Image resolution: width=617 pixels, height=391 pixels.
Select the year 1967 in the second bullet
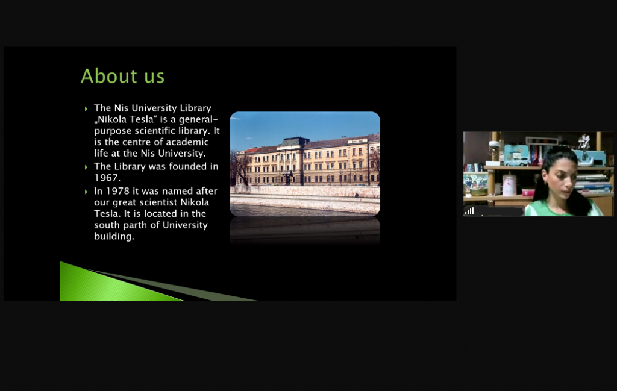107,178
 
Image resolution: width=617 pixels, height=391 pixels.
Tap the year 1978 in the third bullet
117,191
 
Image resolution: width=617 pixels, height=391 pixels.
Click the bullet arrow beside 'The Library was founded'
86,167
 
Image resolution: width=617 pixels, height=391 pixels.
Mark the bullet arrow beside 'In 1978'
86,192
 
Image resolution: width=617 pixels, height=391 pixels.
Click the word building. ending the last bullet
114,236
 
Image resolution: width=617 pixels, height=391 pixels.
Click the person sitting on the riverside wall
357,195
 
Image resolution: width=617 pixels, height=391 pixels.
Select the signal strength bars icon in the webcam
469,211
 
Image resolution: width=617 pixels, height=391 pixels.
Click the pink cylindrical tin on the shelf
509,186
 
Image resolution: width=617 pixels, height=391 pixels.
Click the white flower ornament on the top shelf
583,141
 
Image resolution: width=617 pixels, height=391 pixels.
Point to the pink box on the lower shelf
528,192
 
